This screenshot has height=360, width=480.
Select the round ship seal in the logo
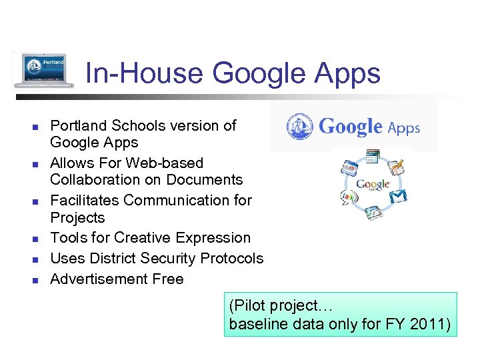300,127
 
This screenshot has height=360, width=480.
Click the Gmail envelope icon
398,195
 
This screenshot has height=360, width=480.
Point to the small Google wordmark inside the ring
373,184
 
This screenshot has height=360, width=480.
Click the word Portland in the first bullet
79,125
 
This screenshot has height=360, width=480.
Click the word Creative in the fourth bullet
147,238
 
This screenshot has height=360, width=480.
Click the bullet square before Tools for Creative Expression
37,239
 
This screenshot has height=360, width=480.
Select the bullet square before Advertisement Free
37,279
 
